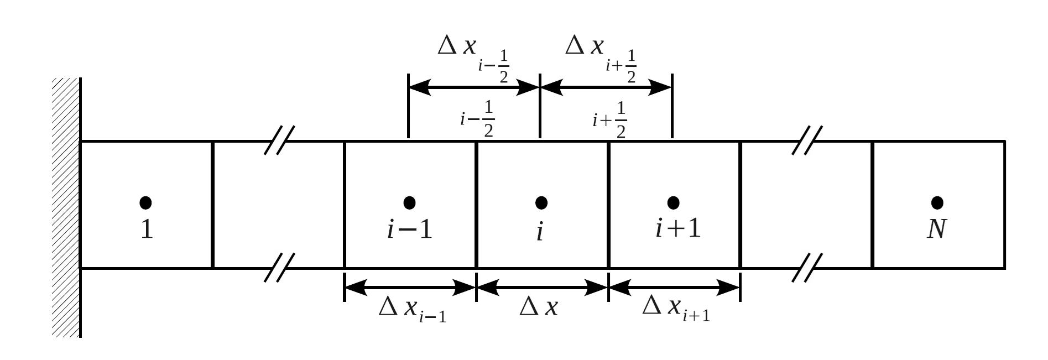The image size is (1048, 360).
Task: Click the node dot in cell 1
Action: coord(145,203)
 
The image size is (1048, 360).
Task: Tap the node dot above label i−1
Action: coord(409,203)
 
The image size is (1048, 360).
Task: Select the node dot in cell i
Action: coord(541,203)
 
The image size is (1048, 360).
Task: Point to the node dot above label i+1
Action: coord(673,203)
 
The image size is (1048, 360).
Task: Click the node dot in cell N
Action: coord(937,203)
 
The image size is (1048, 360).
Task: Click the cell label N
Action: coord(936,229)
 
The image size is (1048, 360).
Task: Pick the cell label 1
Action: coord(147,229)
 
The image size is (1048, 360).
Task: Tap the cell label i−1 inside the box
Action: coord(410,229)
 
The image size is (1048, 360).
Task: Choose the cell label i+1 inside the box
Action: coord(678,229)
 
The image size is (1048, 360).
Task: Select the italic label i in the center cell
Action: coord(540,232)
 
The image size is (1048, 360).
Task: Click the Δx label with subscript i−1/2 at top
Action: coord(473,55)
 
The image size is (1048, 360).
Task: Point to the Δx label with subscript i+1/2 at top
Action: coord(601,55)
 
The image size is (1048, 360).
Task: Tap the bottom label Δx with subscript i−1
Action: coord(412,309)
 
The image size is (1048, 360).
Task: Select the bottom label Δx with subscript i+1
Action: coord(676,309)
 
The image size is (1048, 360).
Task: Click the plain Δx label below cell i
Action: coord(539,307)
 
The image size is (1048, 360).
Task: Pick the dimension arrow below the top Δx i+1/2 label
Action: coord(606,87)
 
